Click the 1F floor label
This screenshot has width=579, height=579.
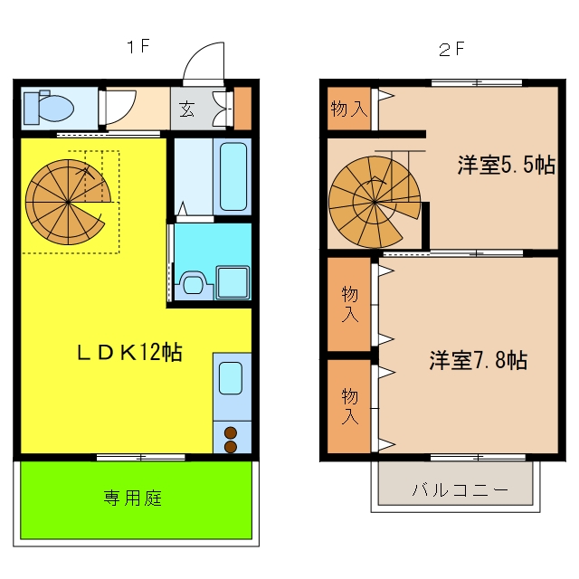(138, 46)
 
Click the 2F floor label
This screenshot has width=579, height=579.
(451, 49)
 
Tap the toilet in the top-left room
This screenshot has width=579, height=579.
(48, 108)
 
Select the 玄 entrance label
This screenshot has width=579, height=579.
(186, 109)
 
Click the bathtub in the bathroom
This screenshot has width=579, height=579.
(233, 176)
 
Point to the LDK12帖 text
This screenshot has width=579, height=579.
(129, 352)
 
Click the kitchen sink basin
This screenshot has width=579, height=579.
(231, 378)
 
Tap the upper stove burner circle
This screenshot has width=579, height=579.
(231, 432)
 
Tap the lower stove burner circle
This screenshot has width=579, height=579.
(231, 447)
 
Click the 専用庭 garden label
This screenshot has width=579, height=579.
(133, 498)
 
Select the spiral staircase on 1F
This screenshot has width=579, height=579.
(69, 202)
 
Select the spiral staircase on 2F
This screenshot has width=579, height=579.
(375, 202)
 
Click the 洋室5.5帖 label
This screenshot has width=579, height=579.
(507, 165)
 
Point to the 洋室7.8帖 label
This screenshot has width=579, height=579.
(479, 360)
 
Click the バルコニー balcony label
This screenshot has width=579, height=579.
(460, 489)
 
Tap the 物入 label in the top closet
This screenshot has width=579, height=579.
(349, 109)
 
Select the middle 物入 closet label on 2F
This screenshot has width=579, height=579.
(350, 304)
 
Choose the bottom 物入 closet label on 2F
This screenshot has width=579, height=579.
(350, 406)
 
